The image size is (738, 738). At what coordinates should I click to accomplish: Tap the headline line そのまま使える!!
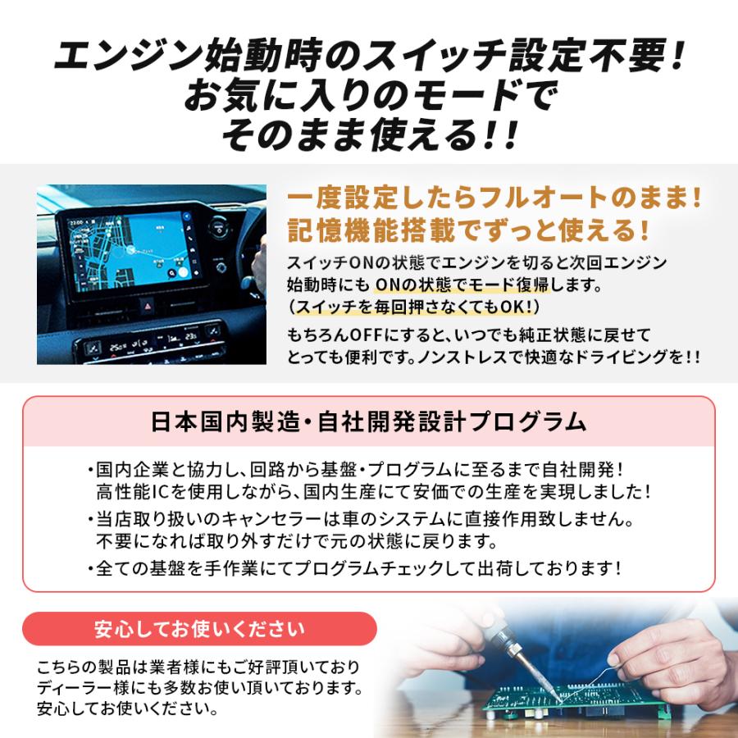[x=370, y=134]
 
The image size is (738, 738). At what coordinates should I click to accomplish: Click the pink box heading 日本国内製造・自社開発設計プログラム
[x=369, y=421]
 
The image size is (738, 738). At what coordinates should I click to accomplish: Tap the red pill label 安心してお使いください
[x=199, y=629]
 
